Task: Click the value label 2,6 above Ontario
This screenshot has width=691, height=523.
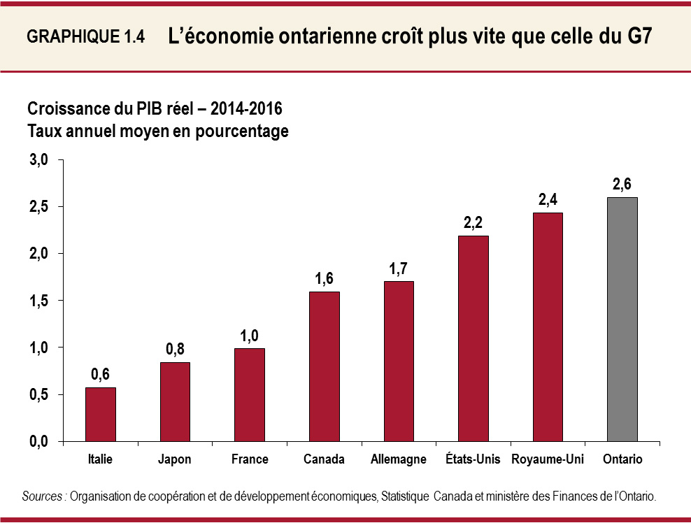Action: pos(622,185)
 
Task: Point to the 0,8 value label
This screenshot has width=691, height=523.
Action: pos(175,349)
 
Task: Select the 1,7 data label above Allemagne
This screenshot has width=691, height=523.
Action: pos(398,268)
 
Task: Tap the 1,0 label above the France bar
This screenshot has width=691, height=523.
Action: pos(250,335)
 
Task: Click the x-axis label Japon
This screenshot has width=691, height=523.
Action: pos(175,459)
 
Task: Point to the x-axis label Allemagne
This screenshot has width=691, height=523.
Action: pos(398,459)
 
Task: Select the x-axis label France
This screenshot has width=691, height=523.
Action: pos(250,459)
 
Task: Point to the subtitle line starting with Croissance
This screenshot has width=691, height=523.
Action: pos(155,109)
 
